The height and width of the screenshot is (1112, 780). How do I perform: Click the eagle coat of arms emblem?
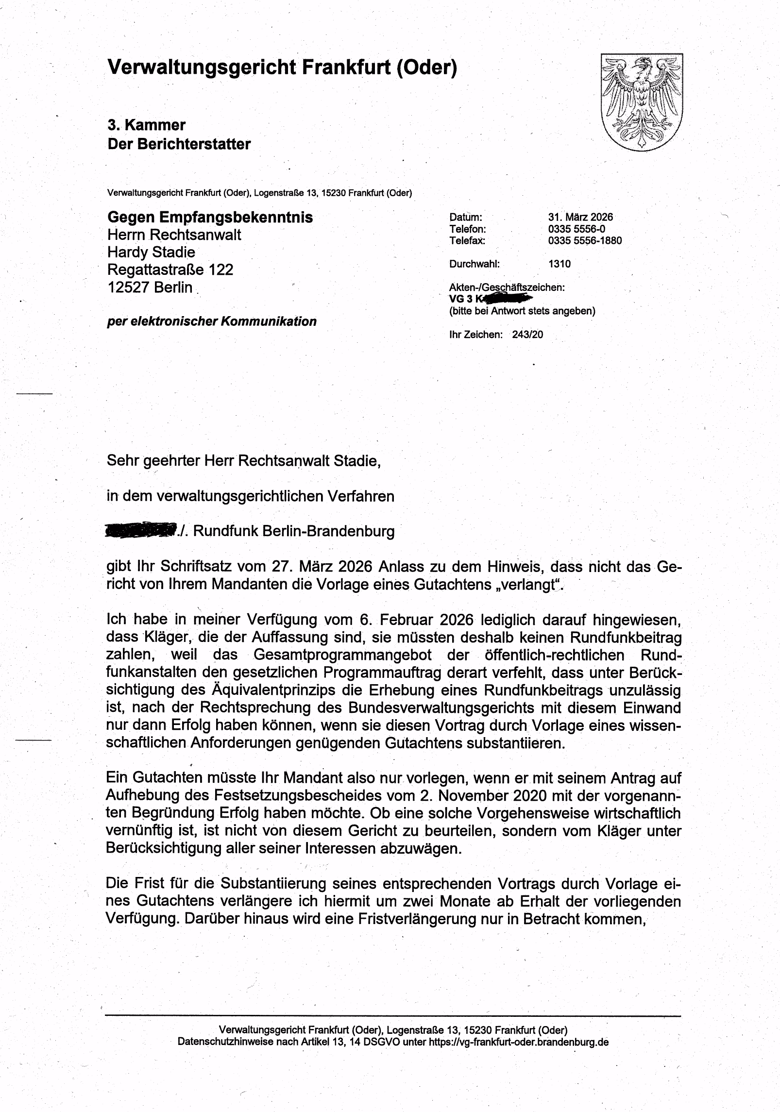(x=642, y=102)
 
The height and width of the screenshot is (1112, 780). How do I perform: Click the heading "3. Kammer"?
(x=146, y=125)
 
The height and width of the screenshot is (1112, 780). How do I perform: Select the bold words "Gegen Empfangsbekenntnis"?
(x=210, y=217)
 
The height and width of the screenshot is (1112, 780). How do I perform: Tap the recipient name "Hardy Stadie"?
(x=151, y=252)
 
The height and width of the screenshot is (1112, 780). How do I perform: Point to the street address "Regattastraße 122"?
(x=170, y=270)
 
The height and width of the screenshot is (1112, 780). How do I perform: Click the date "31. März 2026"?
(x=580, y=217)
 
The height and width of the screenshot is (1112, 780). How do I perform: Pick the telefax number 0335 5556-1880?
(x=585, y=240)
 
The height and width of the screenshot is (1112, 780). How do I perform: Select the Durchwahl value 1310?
(x=560, y=264)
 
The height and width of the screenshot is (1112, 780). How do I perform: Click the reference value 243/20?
(x=527, y=335)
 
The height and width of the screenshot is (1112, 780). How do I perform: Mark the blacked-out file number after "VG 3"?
(x=505, y=298)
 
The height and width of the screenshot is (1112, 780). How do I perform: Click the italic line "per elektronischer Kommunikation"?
(x=212, y=321)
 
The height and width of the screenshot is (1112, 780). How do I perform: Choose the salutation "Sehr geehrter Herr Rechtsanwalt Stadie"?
(x=243, y=460)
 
